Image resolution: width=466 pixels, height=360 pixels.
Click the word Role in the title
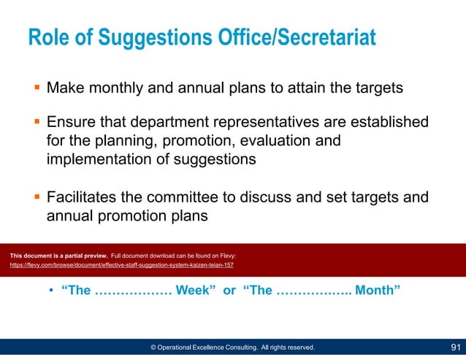[47, 37]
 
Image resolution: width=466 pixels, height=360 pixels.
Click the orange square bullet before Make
[36, 88]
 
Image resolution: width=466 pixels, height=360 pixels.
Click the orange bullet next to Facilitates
[36, 197]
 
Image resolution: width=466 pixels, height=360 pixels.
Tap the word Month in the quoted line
[377, 291]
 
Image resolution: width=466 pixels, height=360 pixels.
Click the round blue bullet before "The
[52, 291]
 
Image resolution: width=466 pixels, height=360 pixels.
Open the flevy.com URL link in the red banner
[121, 266]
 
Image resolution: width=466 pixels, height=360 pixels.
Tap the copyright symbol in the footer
[154, 348]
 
